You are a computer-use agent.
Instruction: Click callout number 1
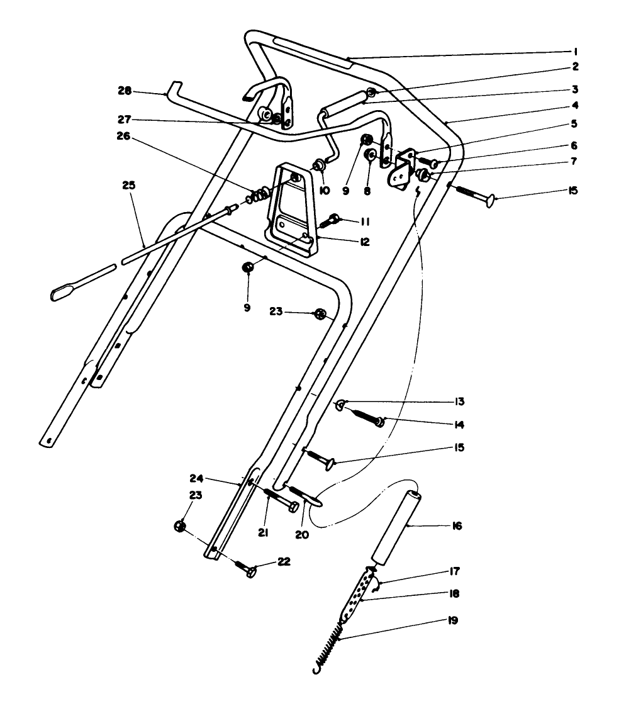click(575, 52)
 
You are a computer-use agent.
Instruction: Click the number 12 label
click(347, 242)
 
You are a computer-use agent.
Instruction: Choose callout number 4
click(575, 106)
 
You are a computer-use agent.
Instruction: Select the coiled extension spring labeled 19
click(328, 642)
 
